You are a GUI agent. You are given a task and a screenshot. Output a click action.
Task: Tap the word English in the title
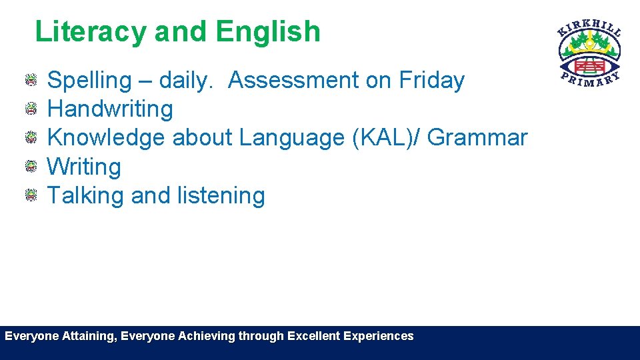click(x=268, y=32)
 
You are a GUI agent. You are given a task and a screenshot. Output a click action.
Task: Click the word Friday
click(x=431, y=80)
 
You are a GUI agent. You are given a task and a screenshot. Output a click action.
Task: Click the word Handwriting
click(x=110, y=109)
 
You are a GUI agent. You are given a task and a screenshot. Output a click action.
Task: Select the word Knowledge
click(x=107, y=138)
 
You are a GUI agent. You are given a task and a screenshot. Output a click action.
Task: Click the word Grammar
click(x=477, y=138)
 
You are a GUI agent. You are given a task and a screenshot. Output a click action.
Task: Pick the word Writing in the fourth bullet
click(x=84, y=167)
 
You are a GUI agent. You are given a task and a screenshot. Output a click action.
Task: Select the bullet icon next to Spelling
click(x=31, y=81)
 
